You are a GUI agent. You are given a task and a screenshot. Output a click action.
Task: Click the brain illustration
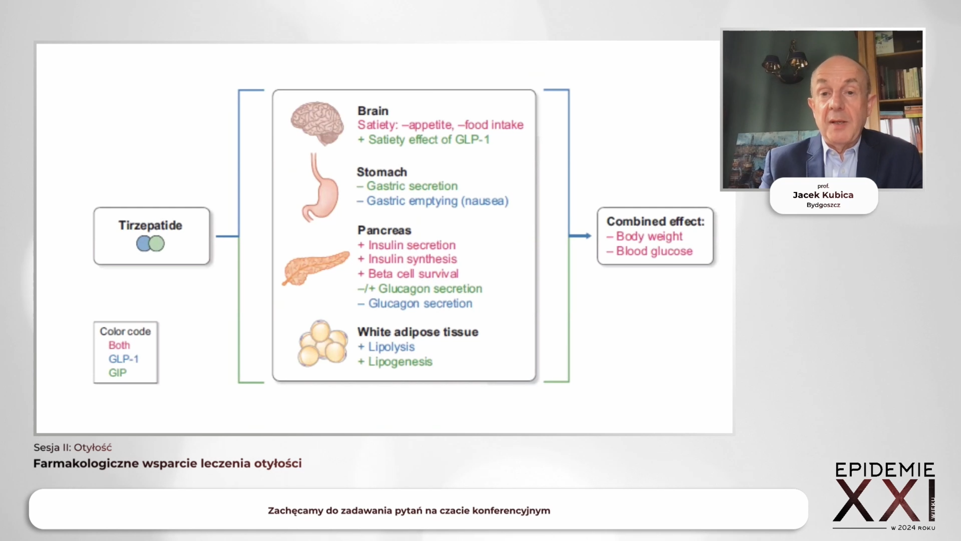pos(317,123)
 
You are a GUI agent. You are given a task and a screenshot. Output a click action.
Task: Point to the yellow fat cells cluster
pos(323,343)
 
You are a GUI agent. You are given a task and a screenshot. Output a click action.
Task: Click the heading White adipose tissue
pos(418,332)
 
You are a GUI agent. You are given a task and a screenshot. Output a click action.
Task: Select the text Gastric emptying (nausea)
pos(438,201)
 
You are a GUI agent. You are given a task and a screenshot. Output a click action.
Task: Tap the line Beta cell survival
pos(413,274)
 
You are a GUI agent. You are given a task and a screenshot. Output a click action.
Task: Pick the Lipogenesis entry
pos(400,362)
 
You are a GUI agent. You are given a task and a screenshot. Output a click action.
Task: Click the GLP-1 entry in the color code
pos(124,359)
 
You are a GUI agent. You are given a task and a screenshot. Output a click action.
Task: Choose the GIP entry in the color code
pos(118,373)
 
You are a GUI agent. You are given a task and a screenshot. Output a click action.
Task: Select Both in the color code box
pos(119,345)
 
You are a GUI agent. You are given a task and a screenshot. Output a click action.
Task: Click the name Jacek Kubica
pos(823,195)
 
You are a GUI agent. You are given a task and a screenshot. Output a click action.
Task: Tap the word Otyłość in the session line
pos(93,447)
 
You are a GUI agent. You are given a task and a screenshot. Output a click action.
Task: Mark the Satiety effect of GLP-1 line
pos(424,140)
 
